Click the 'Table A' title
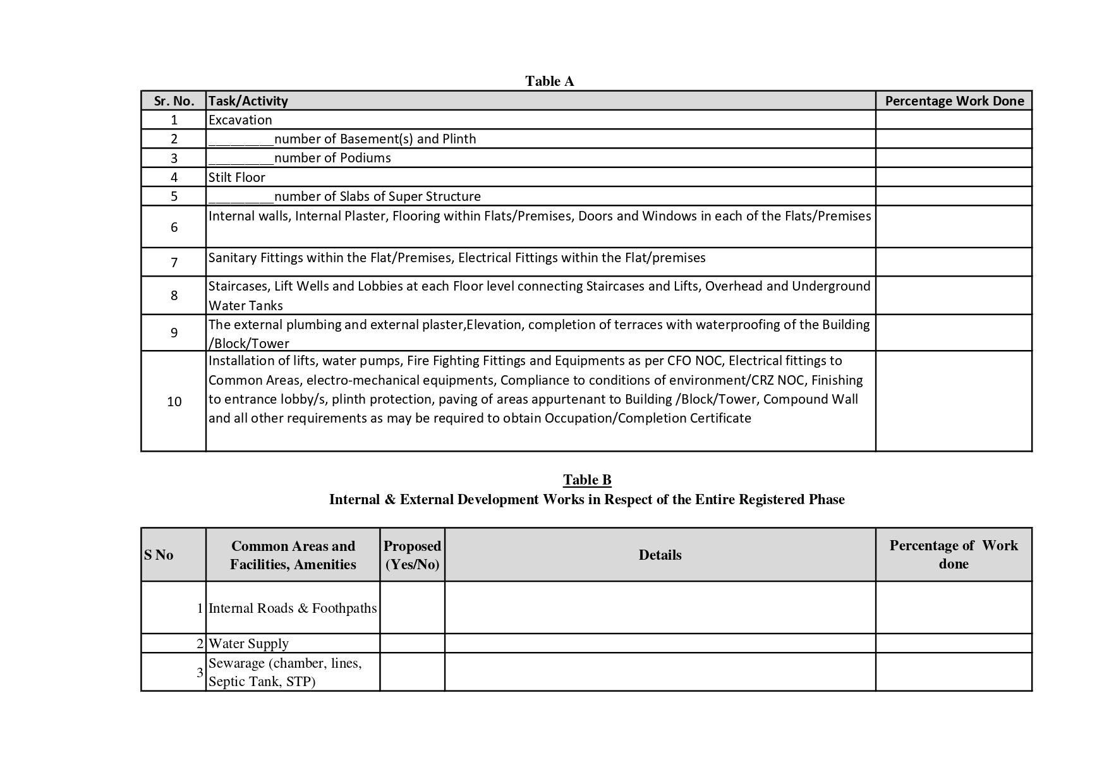click(x=549, y=81)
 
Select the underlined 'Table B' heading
click(x=587, y=480)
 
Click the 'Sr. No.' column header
click(x=174, y=101)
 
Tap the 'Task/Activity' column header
click(x=248, y=101)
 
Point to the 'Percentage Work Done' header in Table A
click(x=954, y=101)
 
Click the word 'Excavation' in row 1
click(x=240, y=120)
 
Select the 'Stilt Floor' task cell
click(x=237, y=178)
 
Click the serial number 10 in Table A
click(x=174, y=402)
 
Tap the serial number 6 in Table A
click(x=174, y=227)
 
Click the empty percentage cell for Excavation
click(x=954, y=120)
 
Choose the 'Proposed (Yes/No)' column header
click(x=412, y=555)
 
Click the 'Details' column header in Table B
click(x=660, y=555)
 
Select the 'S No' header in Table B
click(x=159, y=555)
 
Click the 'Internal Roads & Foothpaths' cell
click(x=293, y=608)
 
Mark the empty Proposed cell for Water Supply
click(x=412, y=644)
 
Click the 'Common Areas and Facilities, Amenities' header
click(x=293, y=555)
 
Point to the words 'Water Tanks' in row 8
click(x=246, y=306)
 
